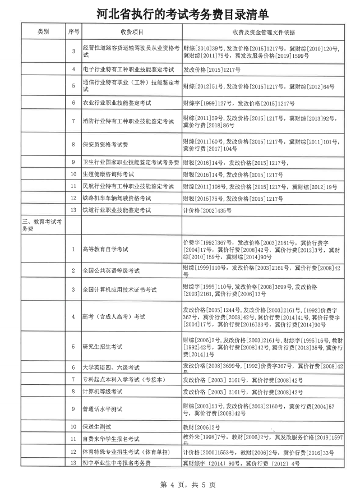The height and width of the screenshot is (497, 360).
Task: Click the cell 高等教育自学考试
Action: (x=105, y=249)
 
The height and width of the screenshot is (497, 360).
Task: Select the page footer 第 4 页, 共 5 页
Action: (x=180, y=484)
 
